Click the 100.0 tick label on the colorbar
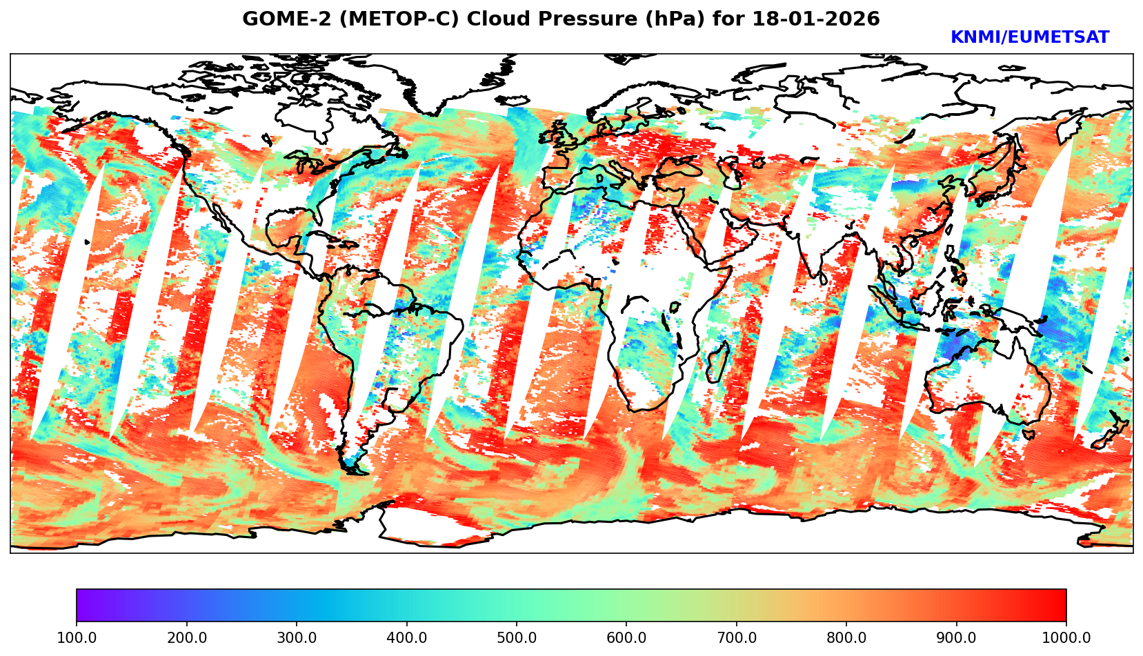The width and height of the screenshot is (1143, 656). point(77,638)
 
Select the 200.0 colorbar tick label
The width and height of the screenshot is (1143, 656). point(186,638)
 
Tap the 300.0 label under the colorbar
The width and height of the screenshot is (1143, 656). point(297,638)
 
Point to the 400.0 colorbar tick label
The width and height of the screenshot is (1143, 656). point(406,638)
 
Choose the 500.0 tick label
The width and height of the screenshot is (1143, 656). point(517,638)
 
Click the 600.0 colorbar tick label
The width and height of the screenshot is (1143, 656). point(626,638)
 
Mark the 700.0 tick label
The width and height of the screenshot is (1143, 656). point(737,638)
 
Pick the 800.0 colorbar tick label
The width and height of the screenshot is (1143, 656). point(846,638)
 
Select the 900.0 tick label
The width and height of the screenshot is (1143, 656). point(957,638)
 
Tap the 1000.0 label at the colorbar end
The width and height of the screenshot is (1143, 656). point(1066,638)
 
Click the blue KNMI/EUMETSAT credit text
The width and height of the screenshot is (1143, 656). point(1029,38)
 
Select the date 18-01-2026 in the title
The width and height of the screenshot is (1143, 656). point(816,19)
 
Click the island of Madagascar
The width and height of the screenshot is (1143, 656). point(717,362)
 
